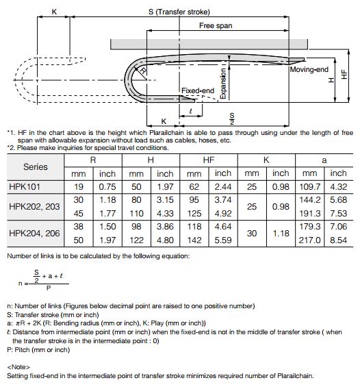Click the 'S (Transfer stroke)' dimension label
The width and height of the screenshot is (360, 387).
(x=179, y=12)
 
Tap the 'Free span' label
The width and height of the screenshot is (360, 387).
(x=216, y=25)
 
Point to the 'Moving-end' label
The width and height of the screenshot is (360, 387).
(x=309, y=69)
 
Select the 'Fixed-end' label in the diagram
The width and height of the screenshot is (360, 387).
(x=198, y=90)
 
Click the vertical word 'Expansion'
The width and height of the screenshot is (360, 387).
(x=222, y=84)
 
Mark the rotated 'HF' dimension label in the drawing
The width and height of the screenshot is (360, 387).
(x=344, y=74)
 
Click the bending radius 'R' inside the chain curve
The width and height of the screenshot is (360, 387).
(x=143, y=71)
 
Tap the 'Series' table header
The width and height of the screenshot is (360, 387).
(x=36, y=167)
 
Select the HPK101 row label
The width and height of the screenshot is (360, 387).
(x=25, y=186)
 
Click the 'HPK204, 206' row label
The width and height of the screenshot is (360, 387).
(x=34, y=234)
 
